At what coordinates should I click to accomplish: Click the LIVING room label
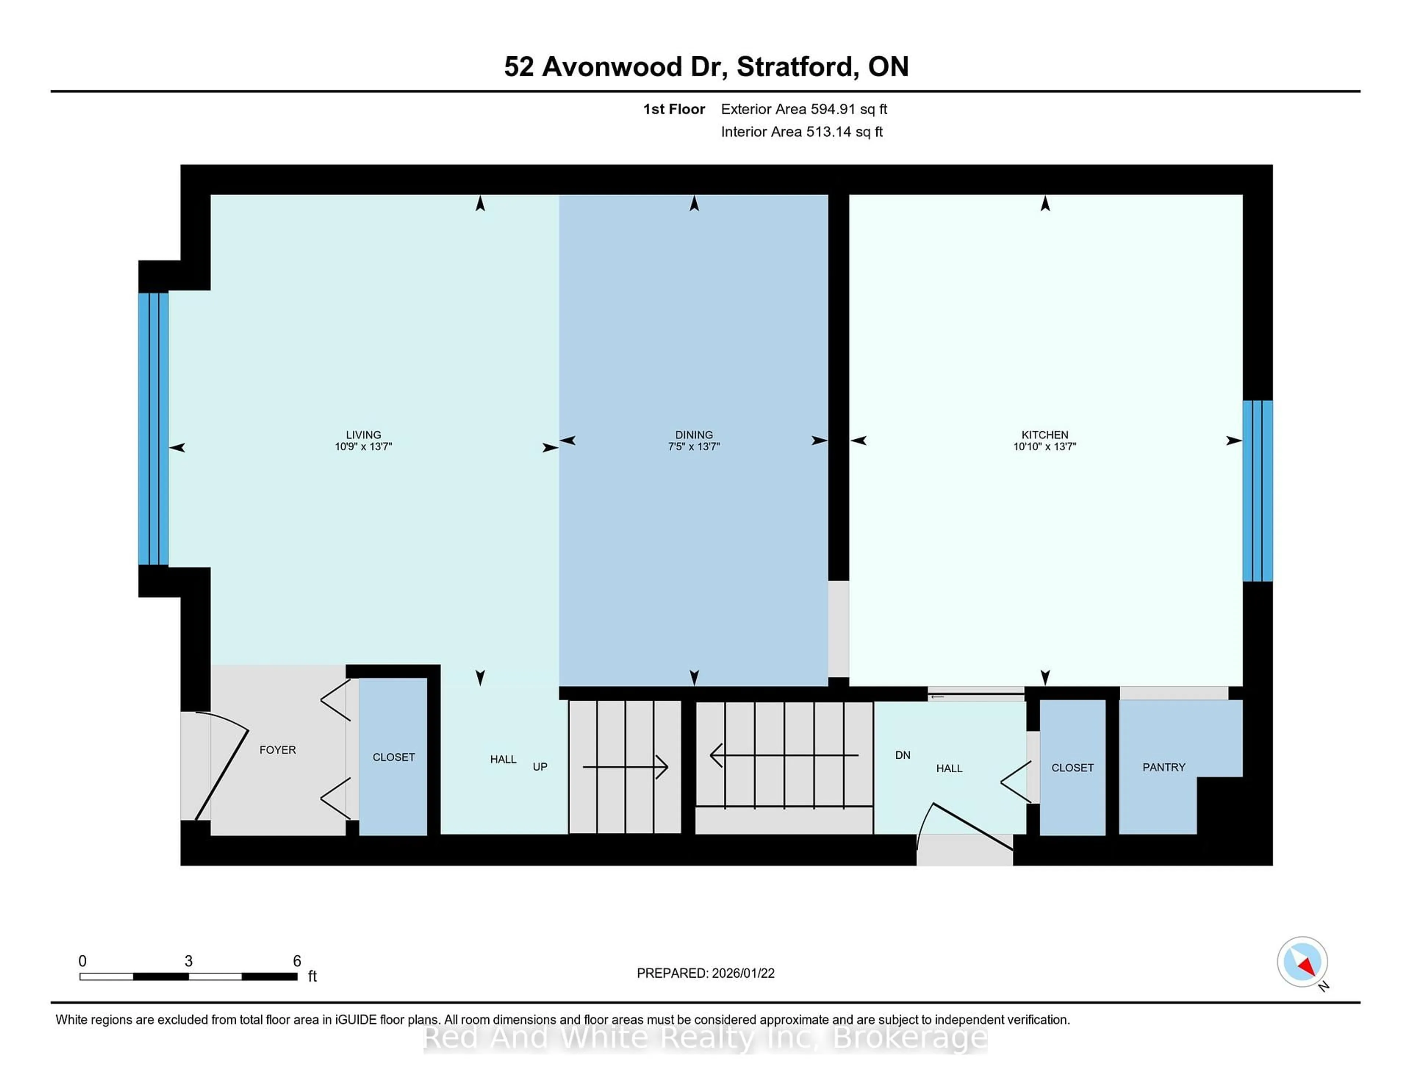pos(363,434)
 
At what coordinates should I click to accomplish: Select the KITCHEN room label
pos(1045,434)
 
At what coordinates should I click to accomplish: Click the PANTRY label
pos(1164,767)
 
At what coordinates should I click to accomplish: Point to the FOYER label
pos(277,750)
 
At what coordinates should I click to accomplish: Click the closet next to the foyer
pos(393,757)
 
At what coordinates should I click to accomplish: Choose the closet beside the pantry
pos(1073,768)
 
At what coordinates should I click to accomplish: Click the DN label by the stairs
pos(902,755)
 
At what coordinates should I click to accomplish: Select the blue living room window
pos(154,429)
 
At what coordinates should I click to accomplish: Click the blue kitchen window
pos(1257,491)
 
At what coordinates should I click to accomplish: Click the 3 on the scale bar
pos(189,961)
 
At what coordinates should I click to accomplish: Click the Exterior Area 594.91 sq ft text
pos(804,109)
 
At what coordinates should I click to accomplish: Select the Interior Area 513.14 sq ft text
pos(801,132)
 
